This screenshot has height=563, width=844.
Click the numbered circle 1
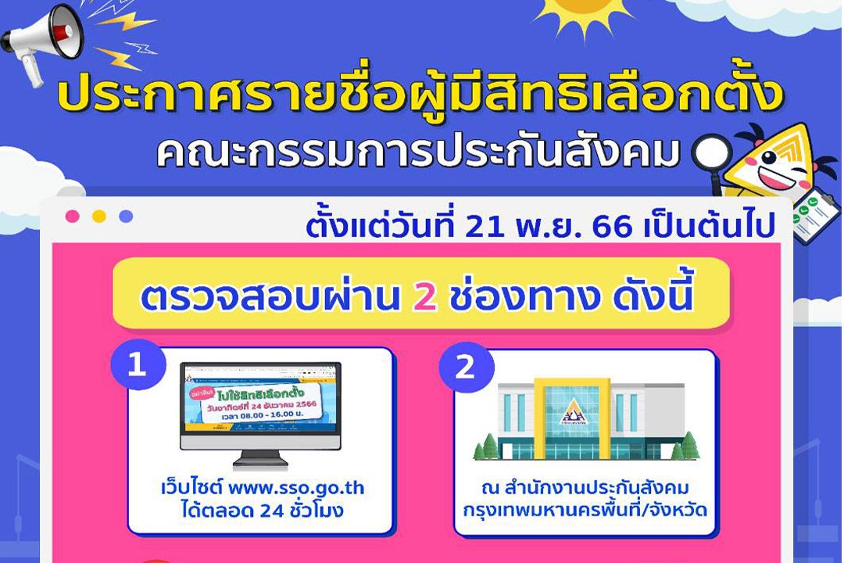tap(137, 366)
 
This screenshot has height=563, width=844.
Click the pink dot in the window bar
tap(73, 217)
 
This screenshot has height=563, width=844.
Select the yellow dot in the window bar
tap(99, 217)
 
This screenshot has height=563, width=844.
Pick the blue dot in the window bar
tap(126, 217)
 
